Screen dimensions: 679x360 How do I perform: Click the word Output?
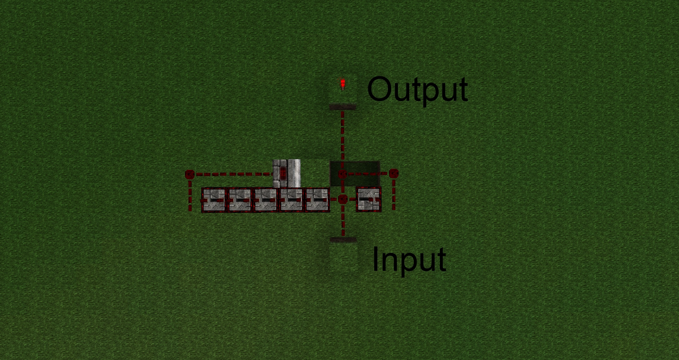pyautogui.click(x=417, y=89)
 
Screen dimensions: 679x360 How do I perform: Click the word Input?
pyautogui.click(x=409, y=260)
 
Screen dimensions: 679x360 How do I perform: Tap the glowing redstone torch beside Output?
pyautogui.click(x=342, y=84)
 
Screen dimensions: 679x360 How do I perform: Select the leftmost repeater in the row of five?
pyautogui.click(x=213, y=200)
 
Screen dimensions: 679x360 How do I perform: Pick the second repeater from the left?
pyautogui.click(x=239, y=200)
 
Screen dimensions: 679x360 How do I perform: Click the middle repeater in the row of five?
pyautogui.click(x=266, y=200)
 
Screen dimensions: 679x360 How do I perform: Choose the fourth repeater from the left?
pyautogui.click(x=291, y=200)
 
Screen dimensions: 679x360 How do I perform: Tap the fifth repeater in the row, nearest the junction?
pyautogui.click(x=317, y=200)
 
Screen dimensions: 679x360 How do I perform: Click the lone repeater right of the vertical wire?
pyautogui.click(x=368, y=199)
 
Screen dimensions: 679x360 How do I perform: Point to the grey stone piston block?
pyautogui.click(x=287, y=173)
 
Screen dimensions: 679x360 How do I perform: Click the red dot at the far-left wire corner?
pyautogui.click(x=190, y=174)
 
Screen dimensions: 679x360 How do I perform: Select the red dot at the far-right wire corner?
pyautogui.click(x=394, y=173)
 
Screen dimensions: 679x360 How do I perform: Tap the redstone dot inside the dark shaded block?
pyautogui.click(x=342, y=174)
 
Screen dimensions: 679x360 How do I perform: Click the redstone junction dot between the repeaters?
pyautogui.click(x=342, y=199)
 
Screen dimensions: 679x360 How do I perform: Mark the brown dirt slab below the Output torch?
pyautogui.click(x=343, y=107)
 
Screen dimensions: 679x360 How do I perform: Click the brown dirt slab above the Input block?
pyautogui.click(x=343, y=240)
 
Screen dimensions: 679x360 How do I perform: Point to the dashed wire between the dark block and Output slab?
pyautogui.click(x=342, y=134)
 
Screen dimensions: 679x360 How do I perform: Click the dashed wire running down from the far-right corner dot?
pyautogui.click(x=394, y=194)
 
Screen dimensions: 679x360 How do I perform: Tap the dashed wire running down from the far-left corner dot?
pyautogui.click(x=190, y=196)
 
